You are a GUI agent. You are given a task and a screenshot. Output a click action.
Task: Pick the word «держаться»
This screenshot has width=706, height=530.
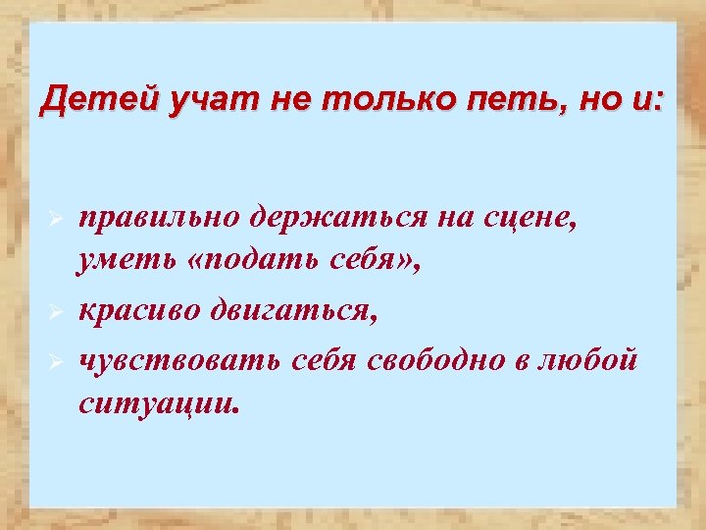click(338, 217)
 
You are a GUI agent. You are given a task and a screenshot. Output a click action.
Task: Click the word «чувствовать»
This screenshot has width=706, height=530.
click(181, 359)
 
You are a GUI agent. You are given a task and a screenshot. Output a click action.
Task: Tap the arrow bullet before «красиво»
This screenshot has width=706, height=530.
click(57, 312)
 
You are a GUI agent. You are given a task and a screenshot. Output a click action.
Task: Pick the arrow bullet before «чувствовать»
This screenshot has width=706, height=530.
click(57, 360)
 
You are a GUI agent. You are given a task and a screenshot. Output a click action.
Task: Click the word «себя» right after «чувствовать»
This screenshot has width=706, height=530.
click(328, 359)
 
